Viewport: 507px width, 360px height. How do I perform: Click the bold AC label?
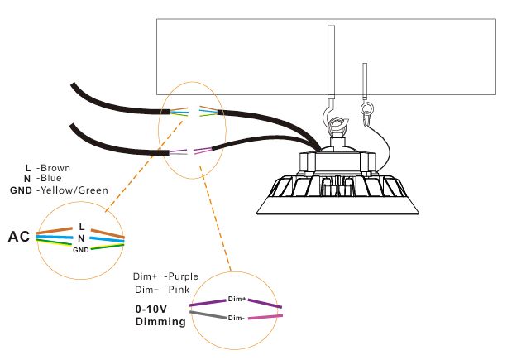click(x=19, y=238)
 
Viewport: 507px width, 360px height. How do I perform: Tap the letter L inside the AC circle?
click(x=81, y=226)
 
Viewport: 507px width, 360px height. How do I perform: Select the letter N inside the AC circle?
click(x=81, y=238)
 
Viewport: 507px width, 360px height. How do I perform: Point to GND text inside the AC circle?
click(x=80, y=249)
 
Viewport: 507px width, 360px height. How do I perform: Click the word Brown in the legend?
click(x=55, y=168)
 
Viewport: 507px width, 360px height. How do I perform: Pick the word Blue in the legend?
click(x=50, y=179)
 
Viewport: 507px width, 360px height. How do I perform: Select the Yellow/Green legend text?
click(x=73, y=190)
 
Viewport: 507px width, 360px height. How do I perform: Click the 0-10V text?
click(x=151, y=309)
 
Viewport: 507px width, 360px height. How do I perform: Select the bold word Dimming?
click(x=160, y=322)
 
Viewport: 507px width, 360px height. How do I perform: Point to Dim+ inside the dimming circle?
click(x=235, y=298)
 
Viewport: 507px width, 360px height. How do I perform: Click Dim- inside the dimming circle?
click(x=236, y=318)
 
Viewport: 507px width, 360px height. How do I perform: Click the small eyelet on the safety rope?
click(x=365, y=107)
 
